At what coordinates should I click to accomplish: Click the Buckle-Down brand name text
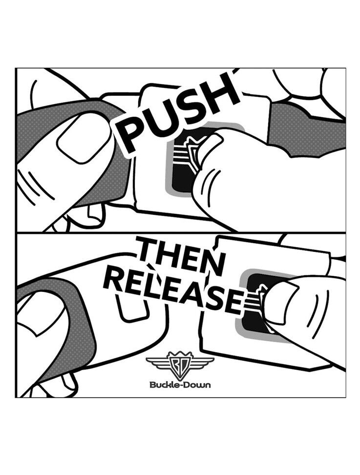click(180, 385)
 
